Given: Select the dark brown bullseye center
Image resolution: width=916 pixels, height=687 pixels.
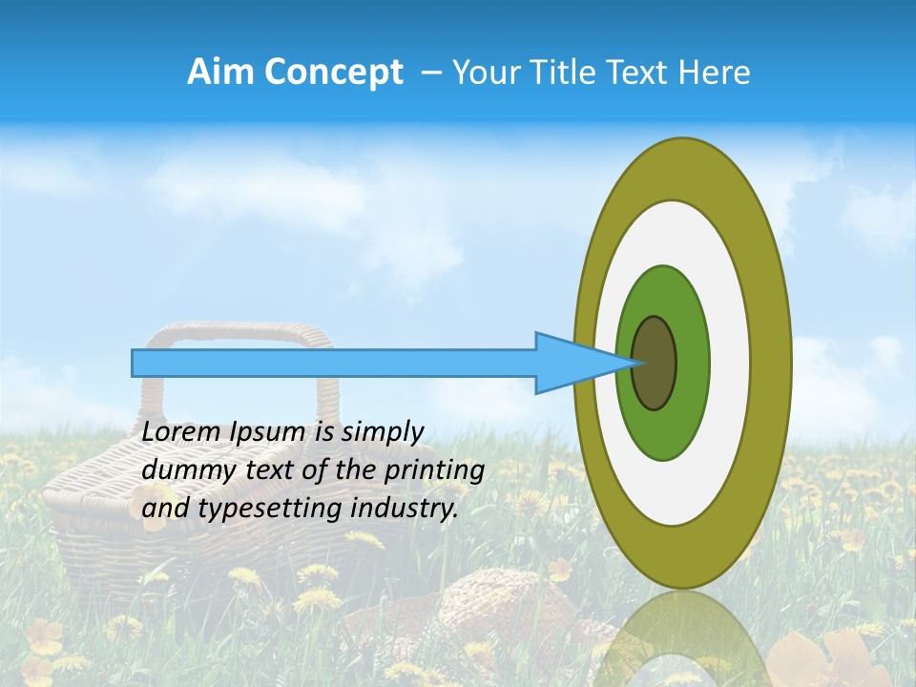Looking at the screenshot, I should point(654,364).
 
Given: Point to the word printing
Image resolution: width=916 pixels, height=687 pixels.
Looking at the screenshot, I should point(433,470).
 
